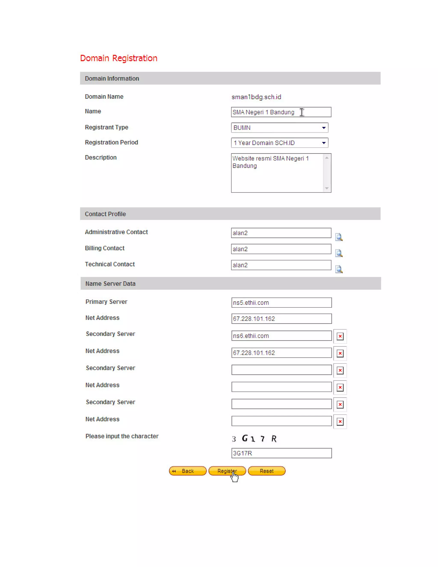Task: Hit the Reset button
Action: click(266, 471)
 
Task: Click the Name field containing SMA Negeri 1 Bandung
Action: click(281, 112)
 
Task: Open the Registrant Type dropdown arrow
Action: click(324, 128)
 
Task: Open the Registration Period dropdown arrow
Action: click(324, 143)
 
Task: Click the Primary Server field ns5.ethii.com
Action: click(281, 303)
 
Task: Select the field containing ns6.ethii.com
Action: click(281, 336)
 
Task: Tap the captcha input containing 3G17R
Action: click(281, 453)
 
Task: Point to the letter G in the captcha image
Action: click(245, 438)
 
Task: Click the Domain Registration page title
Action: click(118, 58)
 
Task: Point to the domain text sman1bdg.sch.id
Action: click(256, 97)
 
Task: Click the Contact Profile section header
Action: click(105, 214)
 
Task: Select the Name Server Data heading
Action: click(110, 283)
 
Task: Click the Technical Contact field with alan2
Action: click(281, 265)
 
